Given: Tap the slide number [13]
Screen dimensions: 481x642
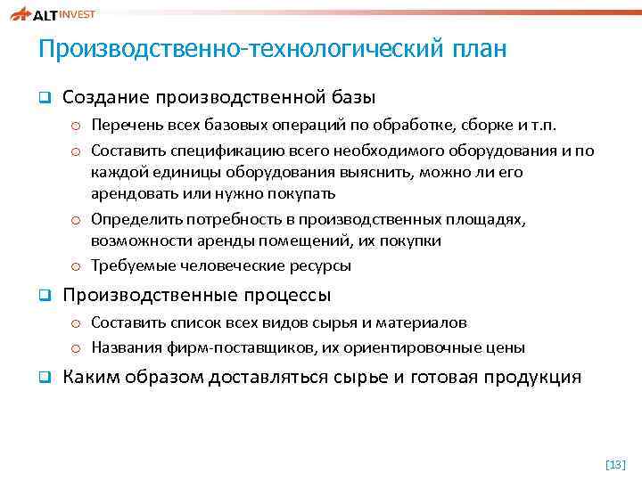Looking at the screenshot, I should point(615,463).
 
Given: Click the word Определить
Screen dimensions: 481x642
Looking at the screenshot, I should point(131,219).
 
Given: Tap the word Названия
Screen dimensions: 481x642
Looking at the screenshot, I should point(124,347).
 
